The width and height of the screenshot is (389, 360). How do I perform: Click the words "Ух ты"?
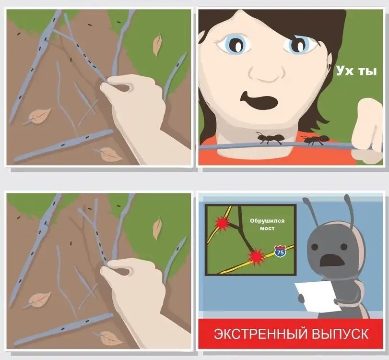pyautogui.click(x=356, y=71)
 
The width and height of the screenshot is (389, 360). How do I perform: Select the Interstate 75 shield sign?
pyautogui.click(x=280, y=251)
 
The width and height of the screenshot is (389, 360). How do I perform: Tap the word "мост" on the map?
pyautogui.click(x=267, y=228)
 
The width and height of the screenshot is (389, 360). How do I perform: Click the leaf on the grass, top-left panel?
pyautogui.click(x=157, y=45)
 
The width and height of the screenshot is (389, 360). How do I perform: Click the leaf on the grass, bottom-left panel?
pyautogui.click(x=157, y=228)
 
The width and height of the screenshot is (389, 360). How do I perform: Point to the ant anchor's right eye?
pyautogui.click(x=344, y=247)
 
